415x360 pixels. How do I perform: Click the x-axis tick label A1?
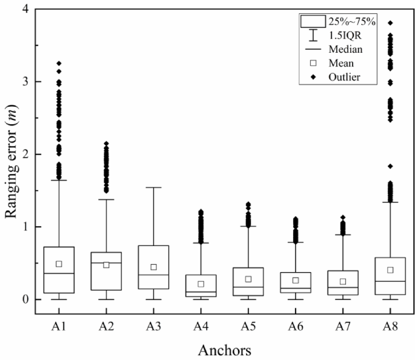59,325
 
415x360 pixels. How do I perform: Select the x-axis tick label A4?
201,325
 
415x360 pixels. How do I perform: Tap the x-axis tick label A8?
390,325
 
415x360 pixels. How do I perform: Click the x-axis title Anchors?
225,350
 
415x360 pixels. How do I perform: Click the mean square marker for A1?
59,264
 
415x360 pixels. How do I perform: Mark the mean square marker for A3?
153,267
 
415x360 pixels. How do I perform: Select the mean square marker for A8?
390,270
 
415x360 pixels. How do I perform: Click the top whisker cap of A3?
153,187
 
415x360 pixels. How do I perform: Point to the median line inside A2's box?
106,263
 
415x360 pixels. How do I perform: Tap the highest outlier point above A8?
390,23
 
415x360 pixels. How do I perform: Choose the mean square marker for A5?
248,279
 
